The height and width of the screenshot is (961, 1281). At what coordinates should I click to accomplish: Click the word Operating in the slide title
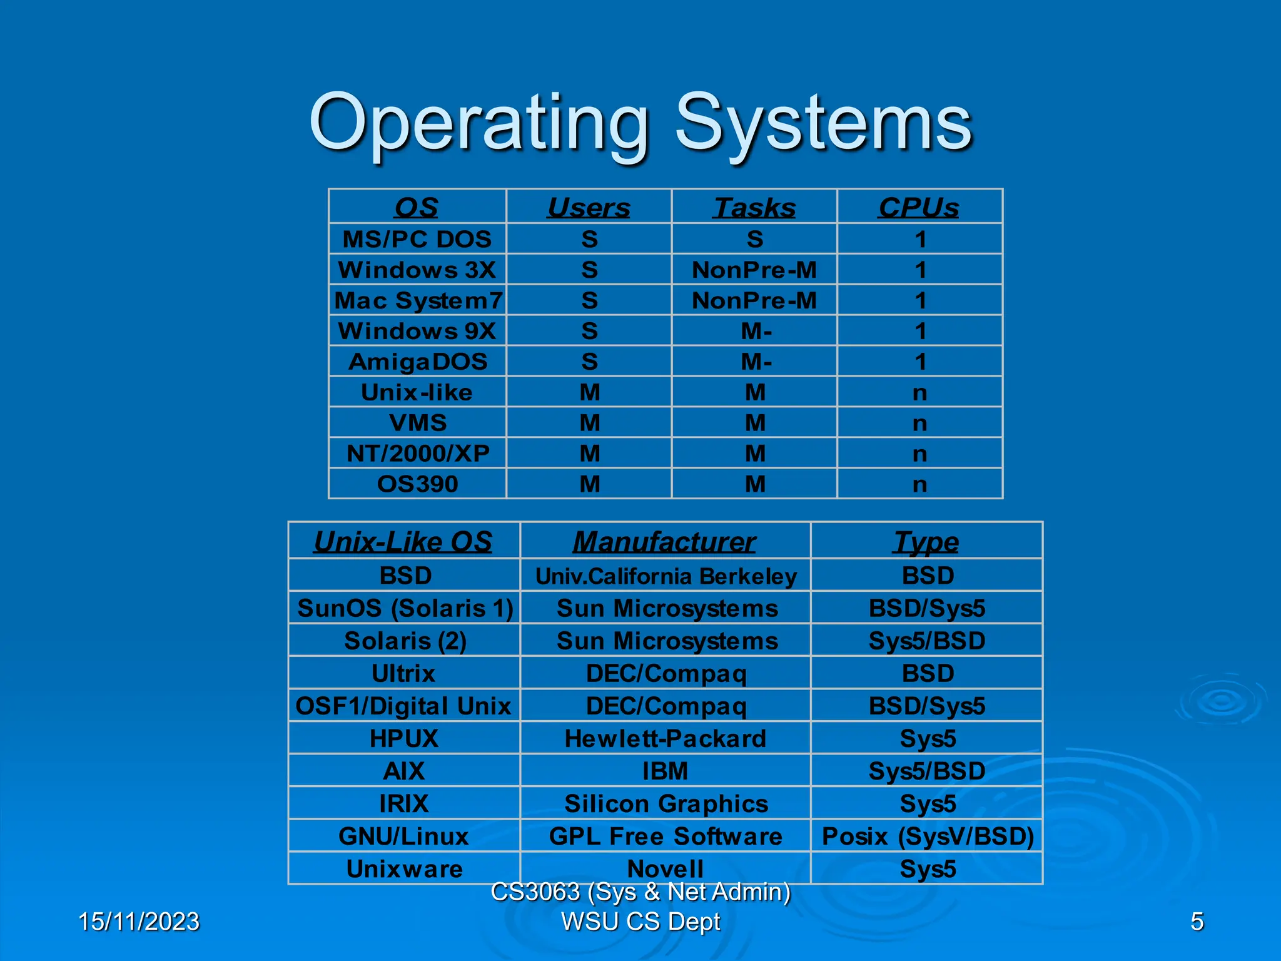(478, 123)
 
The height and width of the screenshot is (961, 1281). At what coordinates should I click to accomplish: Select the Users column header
(589, 208)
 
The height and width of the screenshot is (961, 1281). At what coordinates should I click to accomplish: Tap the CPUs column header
(919, 208)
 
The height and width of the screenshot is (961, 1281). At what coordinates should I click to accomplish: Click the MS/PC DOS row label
(417, 239)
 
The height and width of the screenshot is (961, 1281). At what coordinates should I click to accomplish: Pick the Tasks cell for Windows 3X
(754, 270)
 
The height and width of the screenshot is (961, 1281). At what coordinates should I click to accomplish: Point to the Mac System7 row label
(418, 300)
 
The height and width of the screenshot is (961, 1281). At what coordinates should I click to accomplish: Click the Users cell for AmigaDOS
(589, 362)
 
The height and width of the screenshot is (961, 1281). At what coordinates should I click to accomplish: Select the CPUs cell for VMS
(919, 423)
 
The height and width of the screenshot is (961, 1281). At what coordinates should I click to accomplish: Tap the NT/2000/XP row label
(418, 453)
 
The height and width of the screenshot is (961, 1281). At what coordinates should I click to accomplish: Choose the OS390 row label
(418, 484)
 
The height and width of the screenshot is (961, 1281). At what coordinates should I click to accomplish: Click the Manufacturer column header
(664, 542)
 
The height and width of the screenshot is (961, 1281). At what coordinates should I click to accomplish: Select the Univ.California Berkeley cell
(666, 576)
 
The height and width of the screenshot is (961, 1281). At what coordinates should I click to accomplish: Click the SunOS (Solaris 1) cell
(405, 608)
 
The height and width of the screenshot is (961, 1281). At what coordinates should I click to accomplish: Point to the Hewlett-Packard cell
(666, 739)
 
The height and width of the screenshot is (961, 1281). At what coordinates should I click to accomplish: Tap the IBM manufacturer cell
(666, 771)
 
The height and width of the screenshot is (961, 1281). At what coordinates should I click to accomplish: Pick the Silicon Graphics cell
(666, 804)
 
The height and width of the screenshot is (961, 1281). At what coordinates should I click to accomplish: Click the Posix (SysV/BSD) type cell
(927, 836)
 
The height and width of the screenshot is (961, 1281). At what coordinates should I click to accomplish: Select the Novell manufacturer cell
(666, 868)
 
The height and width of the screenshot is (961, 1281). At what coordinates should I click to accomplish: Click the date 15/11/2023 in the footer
(139, 922)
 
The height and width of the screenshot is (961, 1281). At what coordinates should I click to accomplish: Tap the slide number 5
(1197, 922)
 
